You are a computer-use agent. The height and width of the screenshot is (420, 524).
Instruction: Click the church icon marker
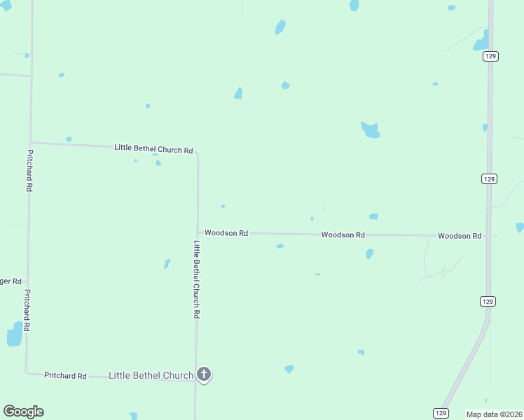click(x=204, y=374)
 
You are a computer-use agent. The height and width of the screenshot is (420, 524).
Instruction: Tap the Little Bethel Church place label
click(x=151, y=376)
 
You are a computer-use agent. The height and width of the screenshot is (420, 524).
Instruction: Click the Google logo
click(x=23, y=412)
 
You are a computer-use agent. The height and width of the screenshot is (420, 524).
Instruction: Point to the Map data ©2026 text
click(x=494, y=414)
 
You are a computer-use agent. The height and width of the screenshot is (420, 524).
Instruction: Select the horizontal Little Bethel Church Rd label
click(x=153, y=149)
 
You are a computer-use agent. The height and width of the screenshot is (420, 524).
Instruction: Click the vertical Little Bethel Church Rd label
click(x=197, y=280)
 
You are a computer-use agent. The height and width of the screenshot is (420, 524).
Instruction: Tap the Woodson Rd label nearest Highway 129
click(x=460, y=236)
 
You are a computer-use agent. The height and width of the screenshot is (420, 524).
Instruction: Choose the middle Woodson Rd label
click(x=343, y=235)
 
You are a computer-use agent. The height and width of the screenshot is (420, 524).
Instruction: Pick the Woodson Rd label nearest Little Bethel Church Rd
click(x=226, y=232)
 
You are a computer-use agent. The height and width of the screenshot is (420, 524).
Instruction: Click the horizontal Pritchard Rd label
click(x=65, y=376)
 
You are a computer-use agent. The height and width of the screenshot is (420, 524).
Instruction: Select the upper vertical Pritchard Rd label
click(x=29, y=170)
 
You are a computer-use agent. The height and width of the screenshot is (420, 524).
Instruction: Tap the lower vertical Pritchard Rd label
click(x=27, y=310)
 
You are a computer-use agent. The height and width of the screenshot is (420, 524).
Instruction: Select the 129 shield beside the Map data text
click(x=440, y=414)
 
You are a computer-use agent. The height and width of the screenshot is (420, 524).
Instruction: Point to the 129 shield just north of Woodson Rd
click(x=489, y=179)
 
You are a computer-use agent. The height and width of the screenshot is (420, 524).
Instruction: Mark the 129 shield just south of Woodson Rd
click(x=488, y=301)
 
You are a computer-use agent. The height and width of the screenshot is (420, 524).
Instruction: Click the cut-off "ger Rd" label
click(x=11, y=281)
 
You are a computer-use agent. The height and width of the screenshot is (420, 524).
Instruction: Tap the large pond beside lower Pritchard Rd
click(x=14, y=335)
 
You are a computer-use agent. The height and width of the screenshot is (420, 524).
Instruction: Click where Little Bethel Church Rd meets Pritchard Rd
click(x=30, y=143)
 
